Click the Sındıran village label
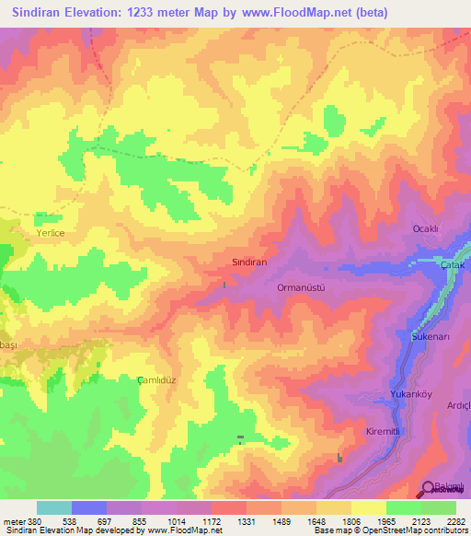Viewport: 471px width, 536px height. coord(247,262)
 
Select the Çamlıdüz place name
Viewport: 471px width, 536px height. coord(155,379)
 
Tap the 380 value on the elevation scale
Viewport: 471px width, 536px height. coord(35,520)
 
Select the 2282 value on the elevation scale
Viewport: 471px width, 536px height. coord(455,520)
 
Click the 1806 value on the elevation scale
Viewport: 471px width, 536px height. coord(350,520)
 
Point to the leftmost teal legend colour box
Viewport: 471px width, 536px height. coord(54,507)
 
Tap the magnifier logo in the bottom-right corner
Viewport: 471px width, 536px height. coord(429,489)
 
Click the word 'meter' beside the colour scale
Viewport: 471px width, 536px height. coord(14,520)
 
